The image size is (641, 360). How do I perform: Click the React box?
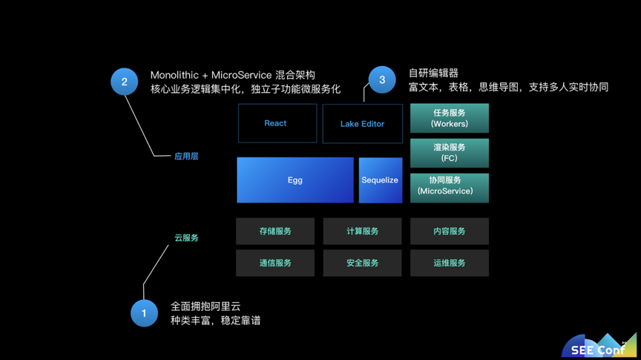(x=277, y=123)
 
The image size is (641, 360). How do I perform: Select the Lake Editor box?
(x=363, y=123)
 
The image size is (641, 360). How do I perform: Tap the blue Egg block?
(x=295, y=180)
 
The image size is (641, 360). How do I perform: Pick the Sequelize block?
(x=381, y=180)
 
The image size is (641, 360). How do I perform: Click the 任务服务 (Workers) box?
(x=450, y=118)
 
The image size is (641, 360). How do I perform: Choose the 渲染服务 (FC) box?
(x=450, y=153)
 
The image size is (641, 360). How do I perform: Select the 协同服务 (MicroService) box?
(x=450, y=188)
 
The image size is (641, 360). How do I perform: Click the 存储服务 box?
(x=275, y=231)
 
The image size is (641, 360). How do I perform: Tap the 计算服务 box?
(x=362, y=231)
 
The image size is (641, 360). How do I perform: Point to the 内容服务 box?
(x=450, y=231)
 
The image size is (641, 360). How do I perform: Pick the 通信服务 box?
(x=275, y=263)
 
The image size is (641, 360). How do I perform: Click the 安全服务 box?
(x=362, y=263)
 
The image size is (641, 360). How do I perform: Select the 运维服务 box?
(x=450, y=263)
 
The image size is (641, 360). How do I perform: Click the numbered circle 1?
(x=144, y=313)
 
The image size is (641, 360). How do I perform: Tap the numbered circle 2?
(x=125, y=82)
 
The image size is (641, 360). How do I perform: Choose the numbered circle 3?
(x=382, y=79)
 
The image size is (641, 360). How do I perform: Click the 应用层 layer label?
(x=186, y=157)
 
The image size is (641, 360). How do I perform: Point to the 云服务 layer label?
(x=186, y=238)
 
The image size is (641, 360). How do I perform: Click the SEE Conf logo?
(x=599, y=346)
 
